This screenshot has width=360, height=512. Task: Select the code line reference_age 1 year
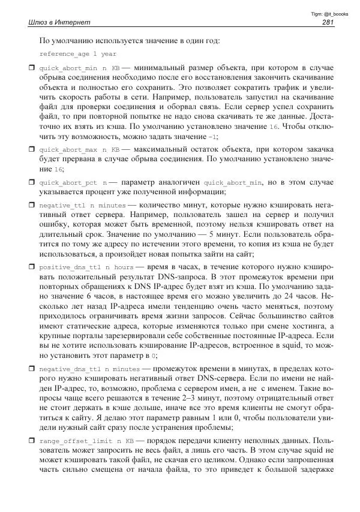coord(70,53)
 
